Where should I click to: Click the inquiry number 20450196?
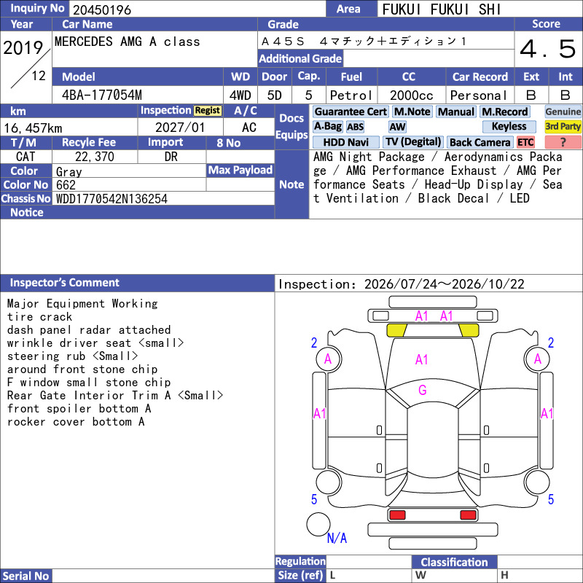[102, 9]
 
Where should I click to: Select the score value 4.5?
[548, 49]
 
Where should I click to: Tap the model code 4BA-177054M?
[102, 95]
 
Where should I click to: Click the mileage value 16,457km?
[33, 128]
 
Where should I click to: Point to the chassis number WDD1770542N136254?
[111, 199]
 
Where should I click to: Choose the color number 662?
[66, 185]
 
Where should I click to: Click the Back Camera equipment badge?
[480, 142]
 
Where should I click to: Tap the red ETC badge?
[525, 142]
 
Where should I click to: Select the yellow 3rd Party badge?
[563, 126]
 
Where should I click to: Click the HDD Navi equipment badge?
[345, 142]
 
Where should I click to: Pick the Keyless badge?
[509, 126]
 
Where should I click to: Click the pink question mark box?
[563, 142]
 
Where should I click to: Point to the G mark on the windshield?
[423, 390]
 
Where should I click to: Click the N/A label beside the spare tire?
[337, 538]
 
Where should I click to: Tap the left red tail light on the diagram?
[397, 515]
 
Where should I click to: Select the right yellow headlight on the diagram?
[469, 330]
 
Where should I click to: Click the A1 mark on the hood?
[422, 360]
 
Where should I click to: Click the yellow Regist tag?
[208, 111]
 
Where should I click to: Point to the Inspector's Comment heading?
[65, 283]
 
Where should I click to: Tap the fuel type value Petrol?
[351, 95]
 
